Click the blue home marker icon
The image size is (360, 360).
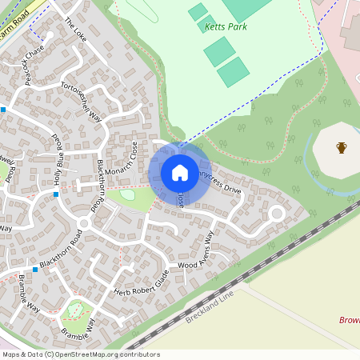pos(180,173)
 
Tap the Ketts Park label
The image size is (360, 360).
pos(226,26)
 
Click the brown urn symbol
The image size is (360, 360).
pos(342,147)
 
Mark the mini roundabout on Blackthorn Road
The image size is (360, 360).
pos(83,222)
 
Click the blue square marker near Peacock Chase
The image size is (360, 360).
pos(4,109)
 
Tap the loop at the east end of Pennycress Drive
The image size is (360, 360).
pos(277,213)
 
